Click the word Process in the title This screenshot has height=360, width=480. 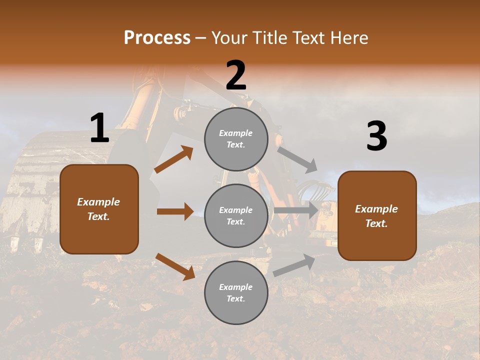[x=157, y=38]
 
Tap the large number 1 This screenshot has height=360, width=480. [x=99, y=128]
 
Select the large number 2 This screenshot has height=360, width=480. [x=236, y=75]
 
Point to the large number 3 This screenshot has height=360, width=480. [x=376, y=136]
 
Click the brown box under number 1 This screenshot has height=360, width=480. [x=99, y=209]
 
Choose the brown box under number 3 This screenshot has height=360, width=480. [x=377, y=215]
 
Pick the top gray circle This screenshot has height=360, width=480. [x=236, y=139]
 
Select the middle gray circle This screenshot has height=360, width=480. [x=236, y=215]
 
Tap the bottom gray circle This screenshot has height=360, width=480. [x=236, y=292]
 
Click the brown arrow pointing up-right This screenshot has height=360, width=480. [x=174, y=159]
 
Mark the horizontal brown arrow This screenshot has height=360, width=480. [x=175, y=211]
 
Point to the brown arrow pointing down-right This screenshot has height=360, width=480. [x=175, y=266]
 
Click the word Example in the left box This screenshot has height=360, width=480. [x=98, y=202]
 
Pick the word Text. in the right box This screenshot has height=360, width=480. [x=376, y=223]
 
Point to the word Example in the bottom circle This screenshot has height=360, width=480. [x=236, y=287]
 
